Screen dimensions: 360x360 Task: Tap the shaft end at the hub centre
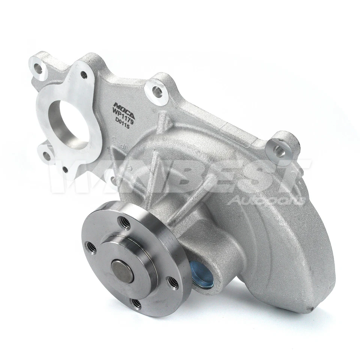[122, 271]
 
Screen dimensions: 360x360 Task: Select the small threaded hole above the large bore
[83, 75]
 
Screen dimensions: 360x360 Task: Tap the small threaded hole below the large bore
[65, 169]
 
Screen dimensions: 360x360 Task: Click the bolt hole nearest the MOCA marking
[157, 90]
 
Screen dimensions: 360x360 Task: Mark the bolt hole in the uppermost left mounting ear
[38, 68]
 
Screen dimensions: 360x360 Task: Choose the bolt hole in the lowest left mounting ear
[46, 155]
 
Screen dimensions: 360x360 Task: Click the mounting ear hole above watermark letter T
[279, 151]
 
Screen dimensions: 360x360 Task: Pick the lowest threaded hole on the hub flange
[136, 303]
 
